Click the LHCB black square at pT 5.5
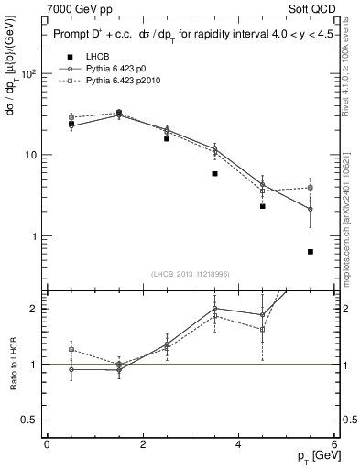[311, 252]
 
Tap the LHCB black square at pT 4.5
[263, 206]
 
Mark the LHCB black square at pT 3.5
[214, 173]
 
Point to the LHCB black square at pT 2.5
[167, 138]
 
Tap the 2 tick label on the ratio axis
[35, 309]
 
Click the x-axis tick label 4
[239, 445]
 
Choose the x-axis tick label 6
[335, 445]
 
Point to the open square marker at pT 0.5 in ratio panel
[71, 349]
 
